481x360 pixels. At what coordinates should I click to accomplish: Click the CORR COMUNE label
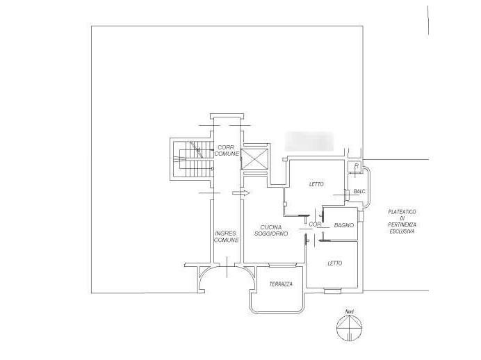point(227,150)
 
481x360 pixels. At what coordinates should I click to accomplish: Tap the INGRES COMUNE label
point(227,236)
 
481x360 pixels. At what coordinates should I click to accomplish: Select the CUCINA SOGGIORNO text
point(275,231)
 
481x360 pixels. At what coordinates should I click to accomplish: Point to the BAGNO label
point(343,225)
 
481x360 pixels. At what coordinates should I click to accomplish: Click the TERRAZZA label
point(280,285)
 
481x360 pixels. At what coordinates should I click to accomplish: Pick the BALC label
point(359,191)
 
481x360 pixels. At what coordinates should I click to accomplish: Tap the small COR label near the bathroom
point(314,224)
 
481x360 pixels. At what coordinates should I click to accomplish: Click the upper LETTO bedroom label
point(318,184)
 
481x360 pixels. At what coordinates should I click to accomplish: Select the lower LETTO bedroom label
point(335,263)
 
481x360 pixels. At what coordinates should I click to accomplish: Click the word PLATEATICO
point(402,212)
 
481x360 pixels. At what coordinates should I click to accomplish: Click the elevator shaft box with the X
point(252,158)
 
